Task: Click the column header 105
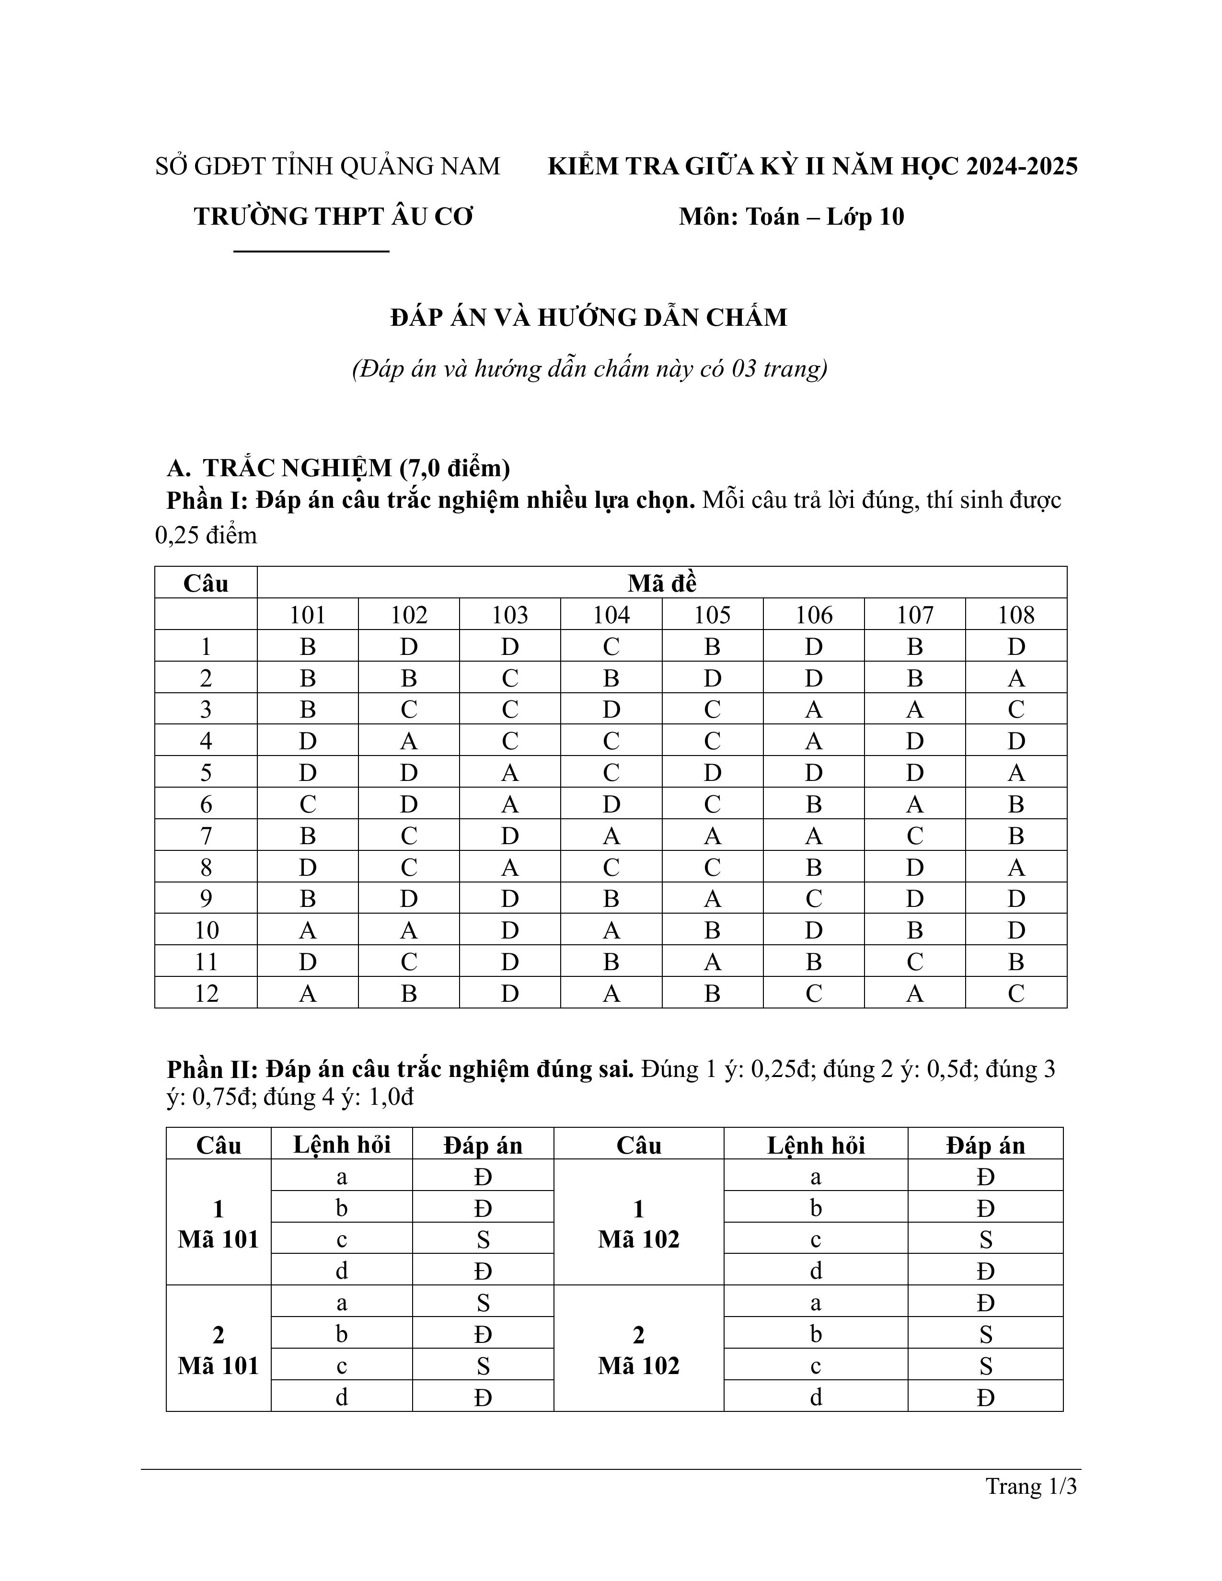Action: (x=712, y=615)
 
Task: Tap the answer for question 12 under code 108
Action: (x=1015, y=993)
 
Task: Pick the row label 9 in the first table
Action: (x=207, y=898)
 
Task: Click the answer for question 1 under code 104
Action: (x=611, y=646)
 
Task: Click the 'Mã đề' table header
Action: (x=662, y=584)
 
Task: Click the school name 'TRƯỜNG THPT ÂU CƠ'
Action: (x=333, y=217)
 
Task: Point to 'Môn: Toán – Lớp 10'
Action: (x=791, y=217)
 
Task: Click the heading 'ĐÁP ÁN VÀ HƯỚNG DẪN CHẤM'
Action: (x=588, y=318)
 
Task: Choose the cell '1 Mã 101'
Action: (x=219, y=1224)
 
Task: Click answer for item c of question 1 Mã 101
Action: (x=483, y=1240)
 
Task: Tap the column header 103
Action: (x=510, y=615)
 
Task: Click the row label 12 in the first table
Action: (x=207, y=993)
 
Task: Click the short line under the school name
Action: (x=311, y=251)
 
